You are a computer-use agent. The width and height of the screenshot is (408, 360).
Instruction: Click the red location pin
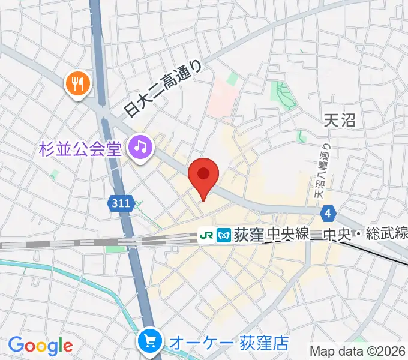click(203, 175)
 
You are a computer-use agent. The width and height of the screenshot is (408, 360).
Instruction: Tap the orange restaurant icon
click(78, 83)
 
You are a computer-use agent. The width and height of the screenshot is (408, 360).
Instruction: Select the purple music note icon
click(140, 146)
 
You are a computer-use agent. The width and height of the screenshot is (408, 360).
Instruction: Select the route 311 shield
click(121, 204)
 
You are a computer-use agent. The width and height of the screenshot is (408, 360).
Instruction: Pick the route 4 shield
click(327, 212)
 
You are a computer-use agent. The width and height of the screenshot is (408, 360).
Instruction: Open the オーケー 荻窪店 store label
click(229, 343)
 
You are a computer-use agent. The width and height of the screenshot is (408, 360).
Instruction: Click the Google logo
click(40, 345)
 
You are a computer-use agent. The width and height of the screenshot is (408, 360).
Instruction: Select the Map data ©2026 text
click(358, 351)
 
